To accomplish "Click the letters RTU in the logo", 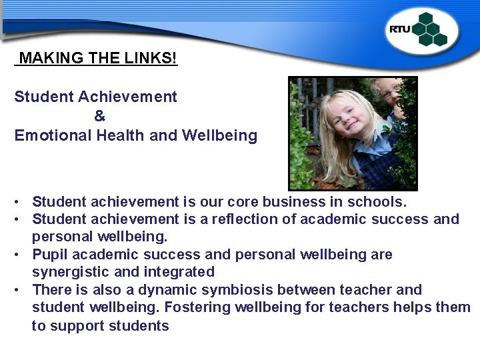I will click(x=400, y=29).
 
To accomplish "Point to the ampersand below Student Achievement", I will click(x=99, y=116).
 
